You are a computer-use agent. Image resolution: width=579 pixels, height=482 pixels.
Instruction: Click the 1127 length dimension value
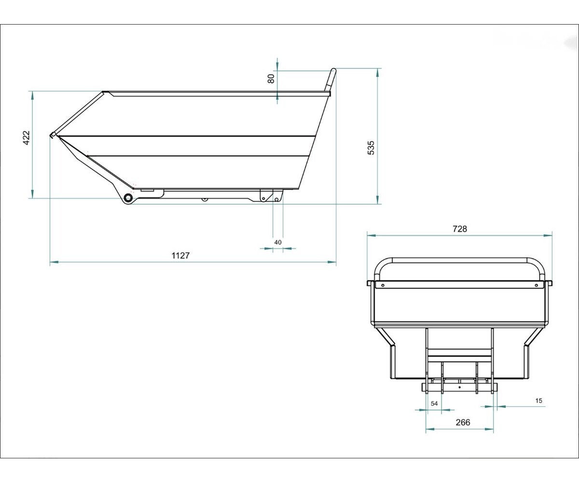click(x=180, y=255)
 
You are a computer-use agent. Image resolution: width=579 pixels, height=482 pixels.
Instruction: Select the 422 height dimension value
click(x=26, y=138)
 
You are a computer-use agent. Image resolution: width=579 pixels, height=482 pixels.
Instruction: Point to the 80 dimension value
click(x=271, y=79)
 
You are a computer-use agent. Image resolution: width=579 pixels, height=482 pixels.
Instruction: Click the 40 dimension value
click(x=278, y=242)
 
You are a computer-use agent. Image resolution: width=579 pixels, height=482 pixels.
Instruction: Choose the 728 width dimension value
click(x=460, y=229)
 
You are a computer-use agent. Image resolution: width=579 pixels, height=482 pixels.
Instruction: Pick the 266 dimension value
click(x=463, y=422)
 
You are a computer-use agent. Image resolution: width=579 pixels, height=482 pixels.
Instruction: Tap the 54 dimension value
click(x=434, y=403)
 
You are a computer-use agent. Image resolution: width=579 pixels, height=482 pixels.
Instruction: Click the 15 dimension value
click(x=538, y=401)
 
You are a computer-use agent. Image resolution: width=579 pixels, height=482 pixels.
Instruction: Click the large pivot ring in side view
click(x=128, y=198)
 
